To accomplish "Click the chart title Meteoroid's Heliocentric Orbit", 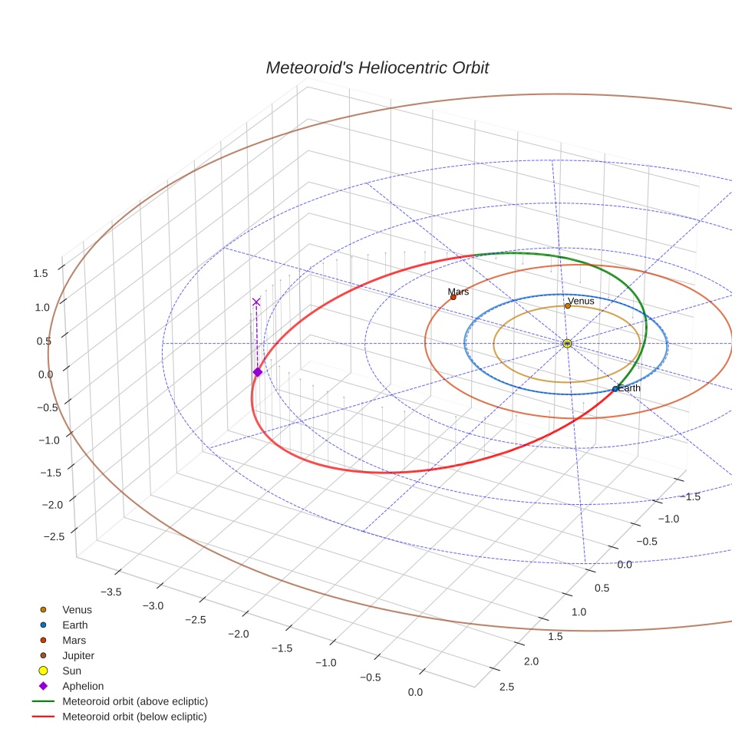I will pyautogui.click(x=377, y=68).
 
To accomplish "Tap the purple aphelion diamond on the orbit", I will pyautogui.click(x=257, y=372).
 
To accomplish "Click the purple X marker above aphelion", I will pyautogui.click(x=256, y=302).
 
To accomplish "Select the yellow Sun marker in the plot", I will pyautogui.click(x=567, y=343).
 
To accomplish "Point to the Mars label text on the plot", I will pyautogui.click(x=458, y=292).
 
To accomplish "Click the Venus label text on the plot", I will pyautogui.click(x=581, y=301).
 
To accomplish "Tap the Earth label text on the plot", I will pyautogui.click(x=629, y=388).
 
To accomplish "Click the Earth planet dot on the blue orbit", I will pyautogui.click(x=615, y=389).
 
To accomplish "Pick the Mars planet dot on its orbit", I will pyautogui.click(x=453, y=297).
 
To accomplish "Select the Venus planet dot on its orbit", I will pyautogui.click(x=567, y=306).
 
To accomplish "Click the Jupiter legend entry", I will pyautogui.click(x=77, y=655).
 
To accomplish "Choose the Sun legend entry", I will pyautogui.click(x=71, y=671).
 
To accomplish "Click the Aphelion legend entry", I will pyautogui.click(x=82, y=686).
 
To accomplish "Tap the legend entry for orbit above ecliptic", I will pyautogui.click(x=135, y=701).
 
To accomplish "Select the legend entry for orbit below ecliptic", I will pyautogui.click(x=134, y=717).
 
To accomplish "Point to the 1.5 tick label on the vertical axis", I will pyautogui.click(x=41, y=273).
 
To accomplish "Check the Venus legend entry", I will pyautogui.click(x=77, y=609).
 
